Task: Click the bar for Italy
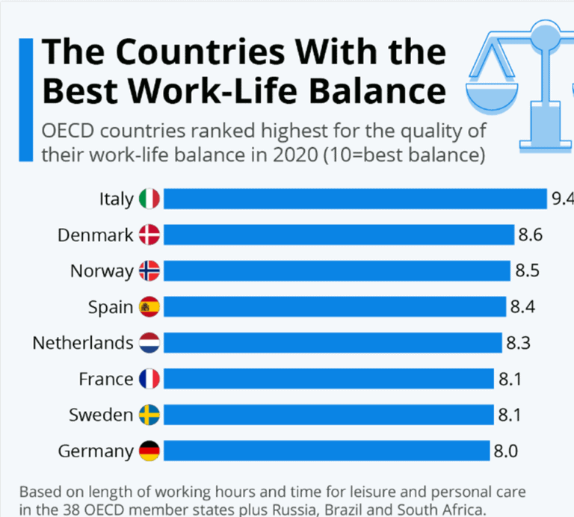pyautogui.click(x=355, y=199)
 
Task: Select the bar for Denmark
pyautogui.click(x=339, y=235)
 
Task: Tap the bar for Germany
pyautogui.click(x=326, y=451)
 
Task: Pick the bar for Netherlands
pyautogui.click(x=333, y=343)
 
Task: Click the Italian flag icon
pyautogui.click(x=149, y=199)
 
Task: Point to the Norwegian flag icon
pyautogui.click(x=149, y=271)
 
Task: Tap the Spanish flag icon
pyautogui.click(x=149, y=307)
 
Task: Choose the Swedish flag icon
pyautogui.click(x=149, y=415)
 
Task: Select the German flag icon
pyautogui.click(x=149, y=451)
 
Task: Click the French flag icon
pyautogui.click(x=149, y=379)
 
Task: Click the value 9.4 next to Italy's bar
pyautogui.click(x=561, y=199)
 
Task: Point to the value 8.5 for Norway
pyautogui.click(x=527, y=271)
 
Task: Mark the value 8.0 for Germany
pyautogui.click(x=505, y=451)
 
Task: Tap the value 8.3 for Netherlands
pyautogui.click(x=518, y=343)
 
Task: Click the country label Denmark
pyautogui.click(x=96, y=235)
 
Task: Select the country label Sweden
pyautogui.click(x=101, y=415)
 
